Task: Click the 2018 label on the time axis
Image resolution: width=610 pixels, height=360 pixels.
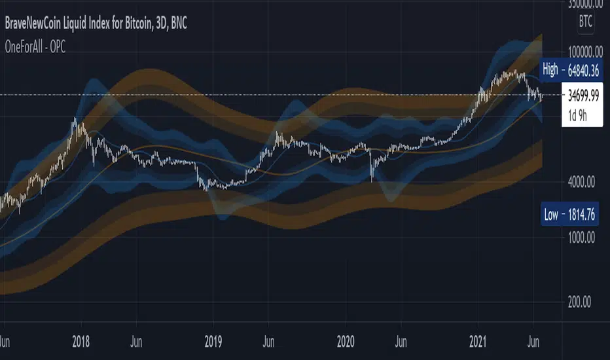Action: (81, 341)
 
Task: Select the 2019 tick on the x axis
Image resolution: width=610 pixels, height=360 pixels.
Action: (213, 341)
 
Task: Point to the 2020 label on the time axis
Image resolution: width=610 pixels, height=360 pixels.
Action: (346, 341)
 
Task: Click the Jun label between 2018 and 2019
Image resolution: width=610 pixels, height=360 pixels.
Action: (137, 341)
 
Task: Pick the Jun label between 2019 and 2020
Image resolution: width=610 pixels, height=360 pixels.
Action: (269, 341)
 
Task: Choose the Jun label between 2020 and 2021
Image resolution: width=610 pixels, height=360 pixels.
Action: (402, 341)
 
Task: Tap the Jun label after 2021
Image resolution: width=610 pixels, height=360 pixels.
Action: (533, 341)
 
